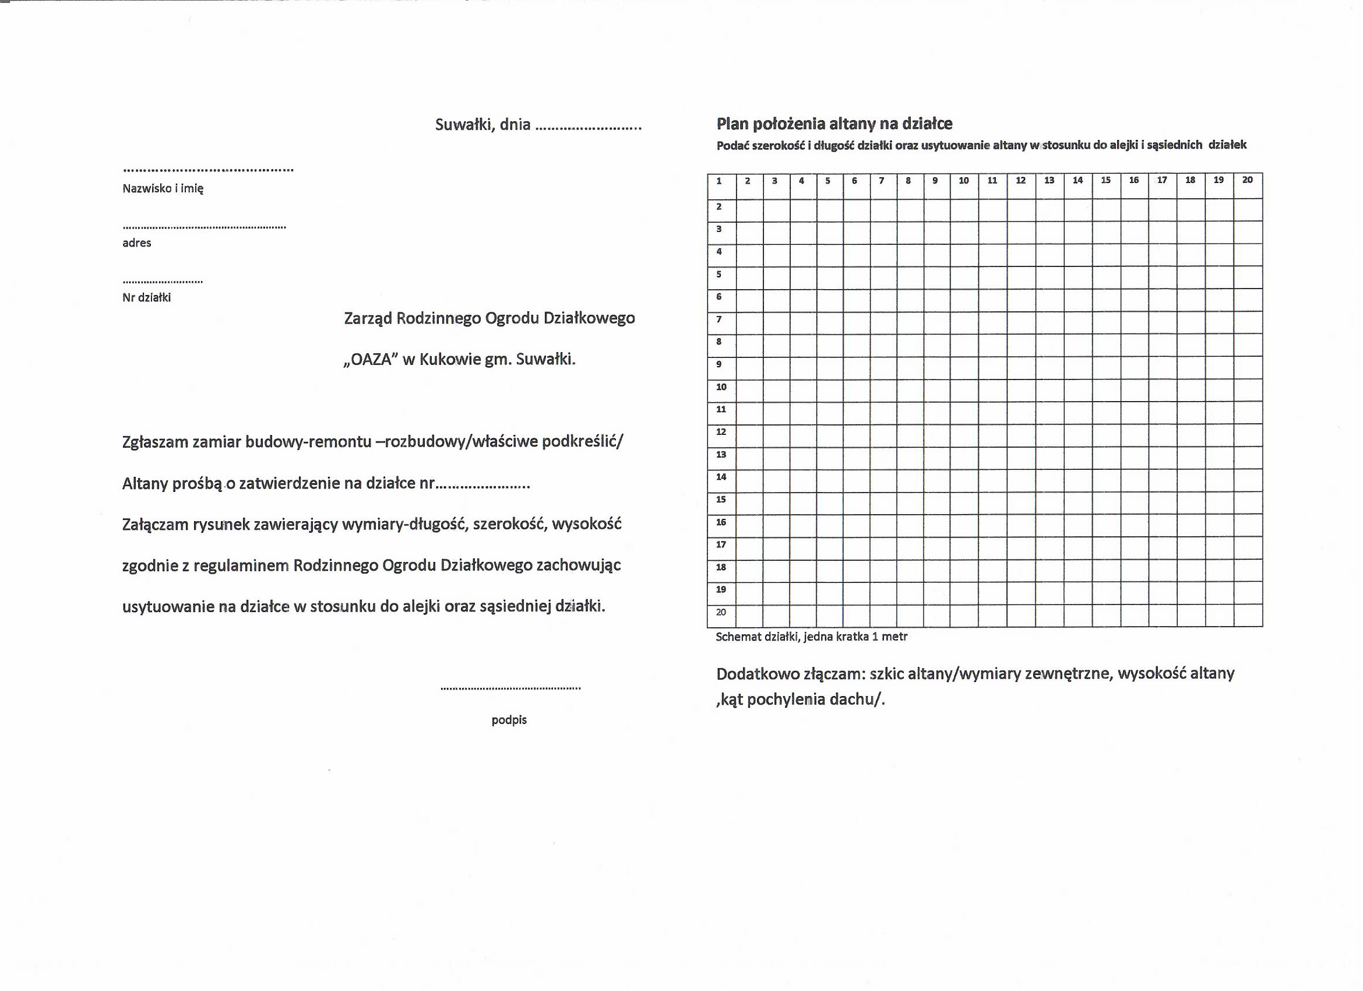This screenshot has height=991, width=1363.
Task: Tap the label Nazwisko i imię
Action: pos(163,188)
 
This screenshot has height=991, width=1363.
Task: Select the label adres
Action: pos(136,243)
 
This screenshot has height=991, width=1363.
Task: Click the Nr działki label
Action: pos(146,298)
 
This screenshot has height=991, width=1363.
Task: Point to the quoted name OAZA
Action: pos(371,360)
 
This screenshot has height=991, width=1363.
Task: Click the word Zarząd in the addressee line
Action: pos(368,318)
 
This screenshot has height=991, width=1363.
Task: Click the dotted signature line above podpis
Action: pos(510,688)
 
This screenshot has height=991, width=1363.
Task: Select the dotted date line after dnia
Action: pos(588,128)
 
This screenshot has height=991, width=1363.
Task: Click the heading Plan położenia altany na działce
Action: pos(834,124)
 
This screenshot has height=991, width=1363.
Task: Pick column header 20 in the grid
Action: pos(1247,180)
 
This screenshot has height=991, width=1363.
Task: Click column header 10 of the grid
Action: pos(963,180)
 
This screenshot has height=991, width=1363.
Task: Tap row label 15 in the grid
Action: pos(721,499)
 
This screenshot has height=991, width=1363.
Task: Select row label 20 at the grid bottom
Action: pos(721,612)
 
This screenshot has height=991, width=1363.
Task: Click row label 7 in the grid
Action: pos(719,319)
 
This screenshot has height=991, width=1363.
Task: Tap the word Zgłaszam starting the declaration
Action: pos(154,442)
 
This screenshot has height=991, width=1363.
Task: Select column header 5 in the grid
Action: pos(827,180)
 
